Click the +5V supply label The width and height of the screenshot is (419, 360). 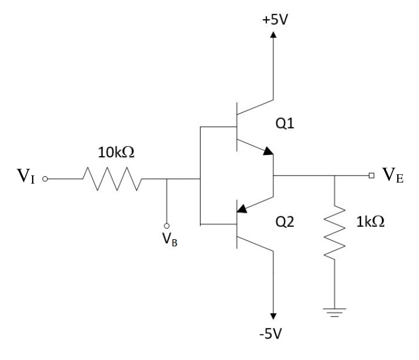tap(275, 20)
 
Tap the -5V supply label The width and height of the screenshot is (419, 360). tap(270, 334)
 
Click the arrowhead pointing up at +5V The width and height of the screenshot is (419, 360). tap(273, 35)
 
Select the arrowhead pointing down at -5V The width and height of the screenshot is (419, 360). tap(273, 316)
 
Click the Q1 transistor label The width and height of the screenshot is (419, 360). tap(285, 124)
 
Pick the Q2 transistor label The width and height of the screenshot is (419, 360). tap(285, 222)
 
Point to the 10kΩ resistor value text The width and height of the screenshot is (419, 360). tap(116, 152)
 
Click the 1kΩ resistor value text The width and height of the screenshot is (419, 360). tap(370, 221)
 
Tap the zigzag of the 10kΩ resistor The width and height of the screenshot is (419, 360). tap(112, 179)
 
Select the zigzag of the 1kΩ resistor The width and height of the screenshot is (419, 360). tap(335, 232)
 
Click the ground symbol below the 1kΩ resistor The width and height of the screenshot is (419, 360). tap(335, 312)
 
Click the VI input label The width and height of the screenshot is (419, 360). tap(26, 176)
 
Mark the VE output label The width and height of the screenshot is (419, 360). tap(393, 175)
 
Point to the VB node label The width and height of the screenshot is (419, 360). tap(170, 239)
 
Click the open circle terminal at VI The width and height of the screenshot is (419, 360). tap(45, 179)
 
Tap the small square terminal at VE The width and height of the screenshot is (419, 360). tap(371, 175)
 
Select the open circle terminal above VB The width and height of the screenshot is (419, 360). tap(166, 226)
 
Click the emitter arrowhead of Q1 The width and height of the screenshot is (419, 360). tap(268, 151)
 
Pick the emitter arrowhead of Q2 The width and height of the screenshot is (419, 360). tap(242, 208)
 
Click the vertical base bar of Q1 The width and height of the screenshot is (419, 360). tap(237, 127)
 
